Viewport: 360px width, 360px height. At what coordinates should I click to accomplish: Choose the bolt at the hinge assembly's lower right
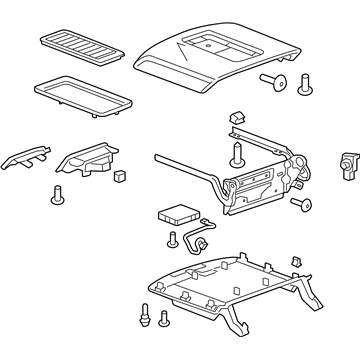point(301,205)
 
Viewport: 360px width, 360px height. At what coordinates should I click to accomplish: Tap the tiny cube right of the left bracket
point(119,175)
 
